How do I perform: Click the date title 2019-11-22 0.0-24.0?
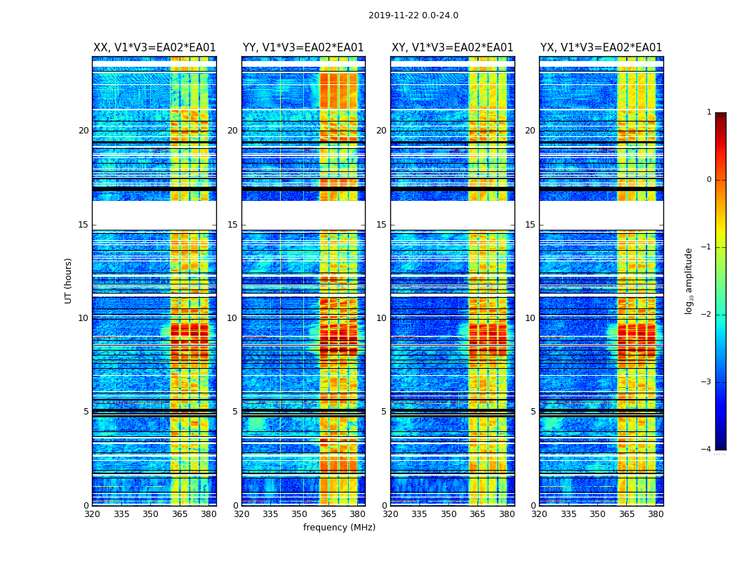pos(413,15)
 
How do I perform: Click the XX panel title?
pos(154,48)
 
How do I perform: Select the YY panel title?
pos(303,48)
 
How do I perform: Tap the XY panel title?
pos(452,48)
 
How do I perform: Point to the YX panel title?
pos(601,48)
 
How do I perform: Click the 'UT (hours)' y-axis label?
pos(69,280)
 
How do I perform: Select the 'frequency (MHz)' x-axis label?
pos(339,528)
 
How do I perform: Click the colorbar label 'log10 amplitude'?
pos(689,280)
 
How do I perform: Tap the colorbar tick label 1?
pos(708,112)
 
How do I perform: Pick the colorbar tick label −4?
pos(706,450)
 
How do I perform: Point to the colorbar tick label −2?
pos(706,315)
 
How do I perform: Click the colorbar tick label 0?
pos(708,180)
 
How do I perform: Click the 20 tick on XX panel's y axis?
pos(84,131)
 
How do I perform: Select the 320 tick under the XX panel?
pos(92,514)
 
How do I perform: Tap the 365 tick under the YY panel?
pos(328,514)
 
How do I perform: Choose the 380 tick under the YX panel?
pos(656,514)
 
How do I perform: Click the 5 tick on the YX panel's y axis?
pos(533,412)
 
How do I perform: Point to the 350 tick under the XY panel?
pos(449,514)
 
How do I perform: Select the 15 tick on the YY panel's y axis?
pos(232,225)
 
